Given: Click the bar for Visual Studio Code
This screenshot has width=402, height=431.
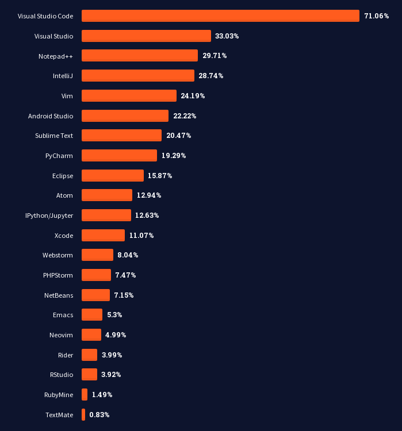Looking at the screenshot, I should (x=220, y=16).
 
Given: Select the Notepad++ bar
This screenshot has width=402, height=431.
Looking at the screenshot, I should (x=140, y=56).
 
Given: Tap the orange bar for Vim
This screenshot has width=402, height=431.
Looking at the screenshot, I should (x=129, y=95).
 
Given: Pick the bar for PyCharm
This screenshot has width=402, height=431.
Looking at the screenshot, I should (x=119, y=155).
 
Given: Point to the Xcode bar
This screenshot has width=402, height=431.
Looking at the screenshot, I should (x=103, y=235).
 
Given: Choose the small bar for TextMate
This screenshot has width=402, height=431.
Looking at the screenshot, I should (x=83, y=414).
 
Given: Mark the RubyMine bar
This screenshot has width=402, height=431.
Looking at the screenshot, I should (x=85, y=394).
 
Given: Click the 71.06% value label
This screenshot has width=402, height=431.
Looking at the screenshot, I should (x=377, y=16).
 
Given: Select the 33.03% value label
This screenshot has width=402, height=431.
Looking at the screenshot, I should (x=227, y=36).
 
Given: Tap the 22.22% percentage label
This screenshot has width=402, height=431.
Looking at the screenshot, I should (x=185, y=116).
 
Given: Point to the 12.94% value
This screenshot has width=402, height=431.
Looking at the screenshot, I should (x=149, y=195).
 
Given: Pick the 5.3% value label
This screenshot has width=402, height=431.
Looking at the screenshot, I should (x=114, y=315).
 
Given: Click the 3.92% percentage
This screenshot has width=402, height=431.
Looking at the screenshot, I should (x=111, y=375).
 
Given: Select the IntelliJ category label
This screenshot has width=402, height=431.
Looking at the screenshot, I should (x=63, y=76).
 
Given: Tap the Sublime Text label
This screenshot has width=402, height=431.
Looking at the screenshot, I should (x=54, y=136).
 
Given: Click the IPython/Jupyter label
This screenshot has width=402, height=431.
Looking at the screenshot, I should (x=49, y=215).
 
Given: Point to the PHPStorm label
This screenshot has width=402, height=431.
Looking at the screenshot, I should (x=58, y=275).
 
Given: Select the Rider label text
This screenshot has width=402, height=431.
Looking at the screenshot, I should (x=66, y=355).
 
